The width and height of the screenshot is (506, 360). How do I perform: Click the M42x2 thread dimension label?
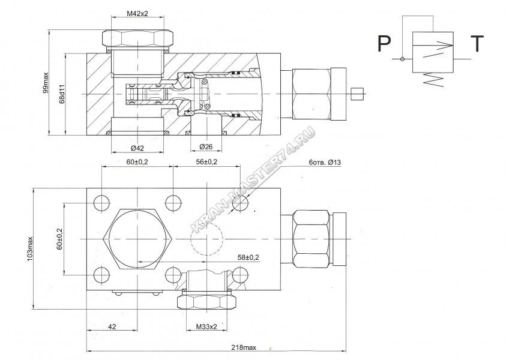coord(137,14)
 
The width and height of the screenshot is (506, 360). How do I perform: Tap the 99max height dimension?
coord(46,83)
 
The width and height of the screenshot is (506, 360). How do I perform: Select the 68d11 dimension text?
coord(62,94)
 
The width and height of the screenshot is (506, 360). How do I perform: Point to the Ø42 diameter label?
coord(137,148)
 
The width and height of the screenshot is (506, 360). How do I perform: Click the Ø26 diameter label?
coord(206,147)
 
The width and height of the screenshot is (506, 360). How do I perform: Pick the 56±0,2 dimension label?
coord(206,161)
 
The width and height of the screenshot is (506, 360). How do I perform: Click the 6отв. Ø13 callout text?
coord(325,163)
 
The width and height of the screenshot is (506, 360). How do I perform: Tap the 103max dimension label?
coord(31,249)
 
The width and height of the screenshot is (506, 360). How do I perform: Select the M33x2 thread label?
coord(206,327)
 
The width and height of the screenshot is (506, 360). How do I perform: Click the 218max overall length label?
coord(244,347)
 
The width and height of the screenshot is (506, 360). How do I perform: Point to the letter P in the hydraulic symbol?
coord(384,44)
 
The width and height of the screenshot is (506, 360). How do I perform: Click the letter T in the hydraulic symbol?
coord(477,44)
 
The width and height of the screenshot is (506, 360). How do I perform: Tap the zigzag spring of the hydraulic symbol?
coord(433,79)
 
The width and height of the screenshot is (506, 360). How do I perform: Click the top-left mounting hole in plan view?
coord(102,203)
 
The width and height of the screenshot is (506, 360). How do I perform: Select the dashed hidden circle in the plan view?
coord(206,239)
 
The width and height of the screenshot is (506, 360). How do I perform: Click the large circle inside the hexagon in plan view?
coord(137,239)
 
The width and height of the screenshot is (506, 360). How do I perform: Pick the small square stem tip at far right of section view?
coord(357,94)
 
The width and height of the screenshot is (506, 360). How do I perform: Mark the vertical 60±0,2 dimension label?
coord(59,239)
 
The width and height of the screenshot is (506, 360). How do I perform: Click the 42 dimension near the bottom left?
coord(112,327)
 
